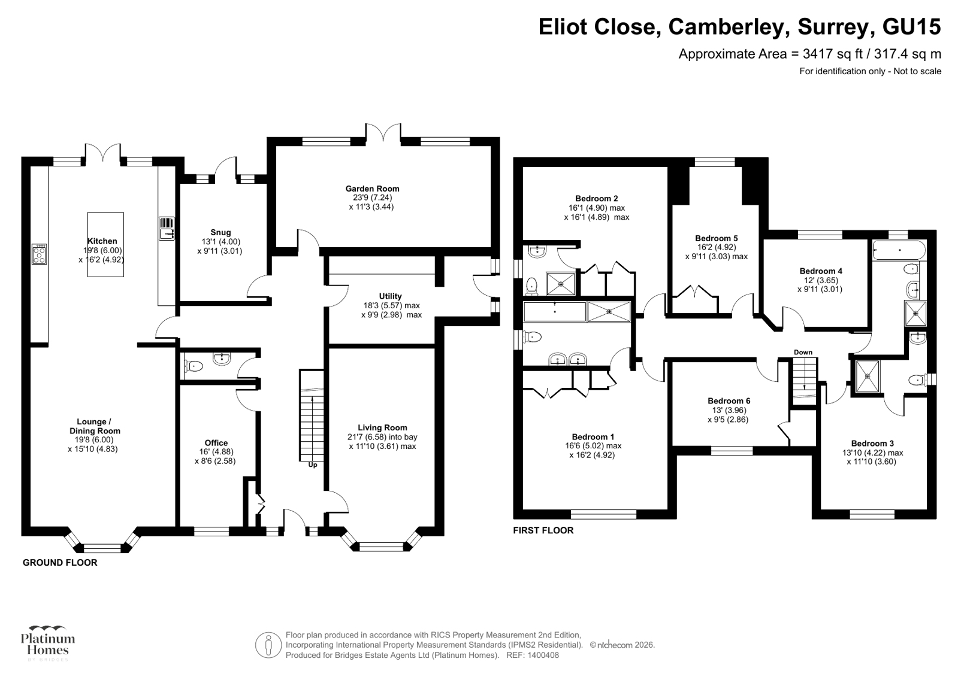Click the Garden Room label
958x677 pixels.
click(371, 189)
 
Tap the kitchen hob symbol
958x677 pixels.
click(40, 254)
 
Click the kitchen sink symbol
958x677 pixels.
click(167, 229)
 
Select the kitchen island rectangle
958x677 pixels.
click(105, 244)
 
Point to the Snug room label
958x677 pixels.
click(220, 232)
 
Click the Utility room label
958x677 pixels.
click(390, 296)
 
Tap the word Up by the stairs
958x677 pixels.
click(312, 465)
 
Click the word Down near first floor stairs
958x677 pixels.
click(803, 352)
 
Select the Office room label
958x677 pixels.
click(216, 443)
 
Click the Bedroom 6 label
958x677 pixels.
click(729, 401)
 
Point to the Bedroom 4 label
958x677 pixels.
click(821, 271)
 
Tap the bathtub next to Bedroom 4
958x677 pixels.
click(899, 250)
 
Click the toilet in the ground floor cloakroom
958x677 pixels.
click(193, 365)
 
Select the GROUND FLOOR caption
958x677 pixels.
click(60, 563)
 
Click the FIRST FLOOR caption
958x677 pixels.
click(543, 530)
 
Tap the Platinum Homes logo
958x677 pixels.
click(48, 642)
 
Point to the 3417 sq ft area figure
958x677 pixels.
click(833, 54)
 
